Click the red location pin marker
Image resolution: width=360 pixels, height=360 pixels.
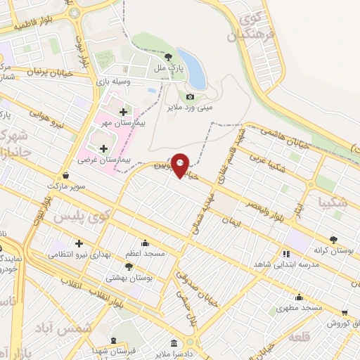(x=181, y=165)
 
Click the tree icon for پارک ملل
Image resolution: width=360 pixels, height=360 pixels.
(x=169, y=58)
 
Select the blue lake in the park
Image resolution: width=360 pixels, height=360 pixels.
(x=192, y=68)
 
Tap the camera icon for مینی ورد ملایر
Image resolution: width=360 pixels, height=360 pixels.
(x=191, y=96)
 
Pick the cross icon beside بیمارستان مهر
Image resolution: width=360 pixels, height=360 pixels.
(x=123, y=112)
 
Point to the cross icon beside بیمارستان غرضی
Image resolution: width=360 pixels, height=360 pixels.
(x=104, y=148)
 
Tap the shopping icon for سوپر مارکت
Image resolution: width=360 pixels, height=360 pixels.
(x=65, y=175)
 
